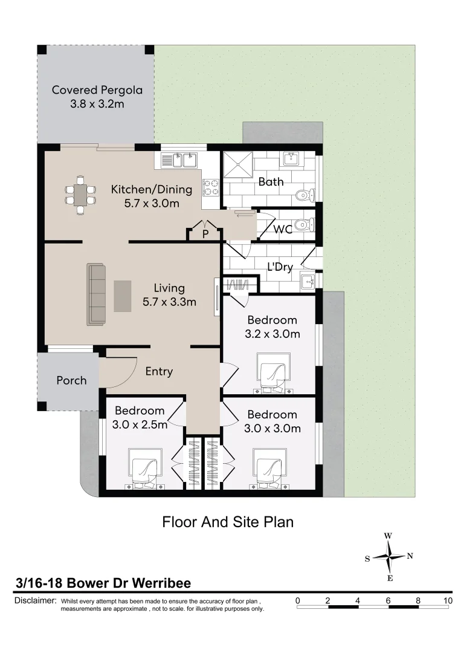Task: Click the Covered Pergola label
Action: (x=97, y=97)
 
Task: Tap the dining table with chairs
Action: (x=80, y=195)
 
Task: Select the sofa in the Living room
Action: (x=95, y=294)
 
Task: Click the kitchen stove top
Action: (x=210, y=187)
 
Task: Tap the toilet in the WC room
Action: (x=305, y=226)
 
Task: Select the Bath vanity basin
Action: (x=294, y=158)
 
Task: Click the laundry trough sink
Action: (x=308, y=282)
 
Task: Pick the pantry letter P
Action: (x=205, y=235)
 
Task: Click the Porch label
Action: (x=71, y=380)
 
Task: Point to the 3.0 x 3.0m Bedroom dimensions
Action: (x=272, y=428)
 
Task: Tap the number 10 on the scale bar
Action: (x=448, y=600)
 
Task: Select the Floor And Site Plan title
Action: (x=228, y=522)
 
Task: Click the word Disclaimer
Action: (x=35, y=600)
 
